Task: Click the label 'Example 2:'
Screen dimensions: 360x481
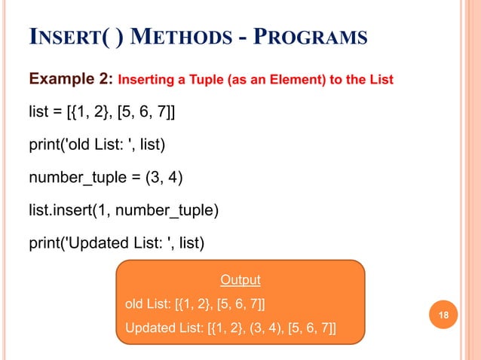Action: pyautogui.click(x=70, y=79)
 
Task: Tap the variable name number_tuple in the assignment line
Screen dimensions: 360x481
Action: pyautogui.click(x=75, y=178)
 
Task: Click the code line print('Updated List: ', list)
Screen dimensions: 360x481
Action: pyautogui.click(x=116, y=243)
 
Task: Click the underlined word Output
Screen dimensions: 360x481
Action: pyautogui.click(x=240, y=280)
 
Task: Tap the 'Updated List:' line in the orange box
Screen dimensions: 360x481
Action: pyautogui.click(x=230, y=328)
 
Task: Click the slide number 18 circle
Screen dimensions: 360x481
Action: pyautogui.click(x=443, y=314)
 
